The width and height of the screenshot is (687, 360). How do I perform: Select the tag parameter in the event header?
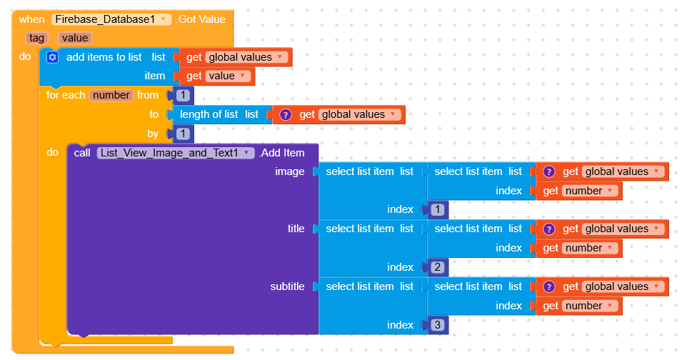36,38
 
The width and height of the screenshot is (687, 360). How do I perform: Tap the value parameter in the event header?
75,38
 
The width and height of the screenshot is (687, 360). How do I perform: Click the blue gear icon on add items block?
52,57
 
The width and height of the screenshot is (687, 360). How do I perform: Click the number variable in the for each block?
111,95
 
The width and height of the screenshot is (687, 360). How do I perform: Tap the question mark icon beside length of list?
286,114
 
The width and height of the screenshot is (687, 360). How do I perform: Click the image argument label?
289,171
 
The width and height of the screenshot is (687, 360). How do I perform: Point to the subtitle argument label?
287,286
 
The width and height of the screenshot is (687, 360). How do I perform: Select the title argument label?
296,229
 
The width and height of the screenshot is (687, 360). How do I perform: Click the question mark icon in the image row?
549,171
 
